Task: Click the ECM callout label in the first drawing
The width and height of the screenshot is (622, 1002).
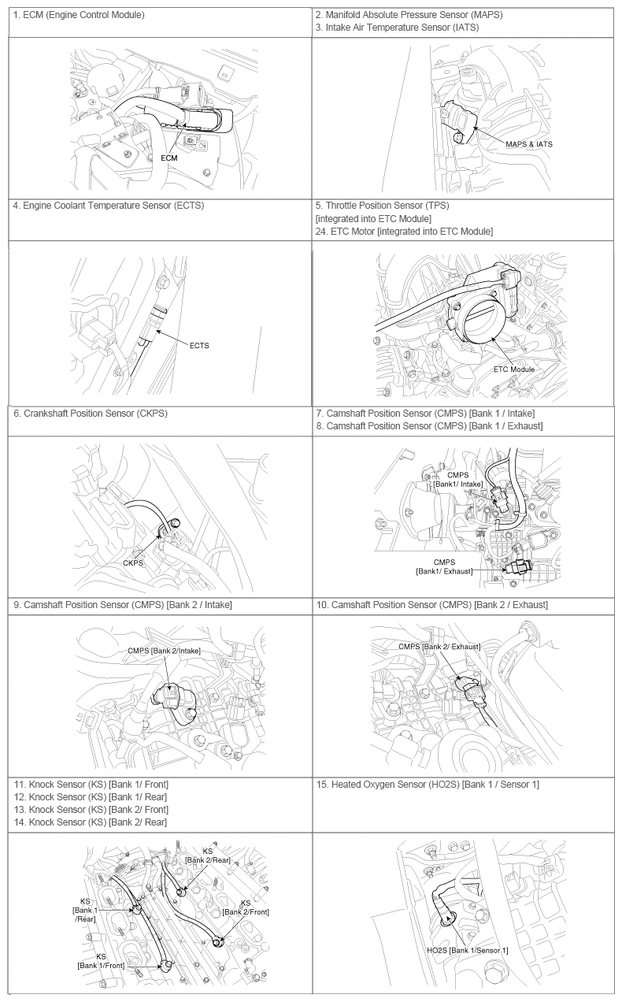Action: (x=168, y=158)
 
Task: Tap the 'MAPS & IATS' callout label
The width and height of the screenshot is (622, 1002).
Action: (x=534, y=144)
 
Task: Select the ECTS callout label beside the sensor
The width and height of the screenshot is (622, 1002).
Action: (x=198, y=345)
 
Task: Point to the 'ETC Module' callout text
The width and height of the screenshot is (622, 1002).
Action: (x=513, y=369)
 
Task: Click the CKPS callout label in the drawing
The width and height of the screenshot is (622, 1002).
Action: (x=133, y=563)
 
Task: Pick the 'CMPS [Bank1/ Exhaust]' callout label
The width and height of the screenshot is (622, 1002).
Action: (x=444, y=566)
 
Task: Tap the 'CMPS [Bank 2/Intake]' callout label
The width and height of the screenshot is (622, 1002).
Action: (x=165, y=651)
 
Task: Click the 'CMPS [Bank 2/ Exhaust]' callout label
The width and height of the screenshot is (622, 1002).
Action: (x=439, y=647)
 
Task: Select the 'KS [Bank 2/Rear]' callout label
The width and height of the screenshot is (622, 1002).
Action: (x=208, y=856)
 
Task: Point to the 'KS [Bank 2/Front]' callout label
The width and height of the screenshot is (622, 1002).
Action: (x=246, y=907)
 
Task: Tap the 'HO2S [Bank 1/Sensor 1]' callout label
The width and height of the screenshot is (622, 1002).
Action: (x=467, y=950)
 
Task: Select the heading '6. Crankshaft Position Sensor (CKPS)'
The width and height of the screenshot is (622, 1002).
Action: (x=91, y=413)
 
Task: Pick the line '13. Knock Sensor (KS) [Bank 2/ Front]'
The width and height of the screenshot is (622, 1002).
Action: (x=91, y=809)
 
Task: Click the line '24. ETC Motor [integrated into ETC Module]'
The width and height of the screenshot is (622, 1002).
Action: (x=404, y=231)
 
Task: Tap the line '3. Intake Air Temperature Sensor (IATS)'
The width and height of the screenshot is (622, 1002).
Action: (x=397, y=28)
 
